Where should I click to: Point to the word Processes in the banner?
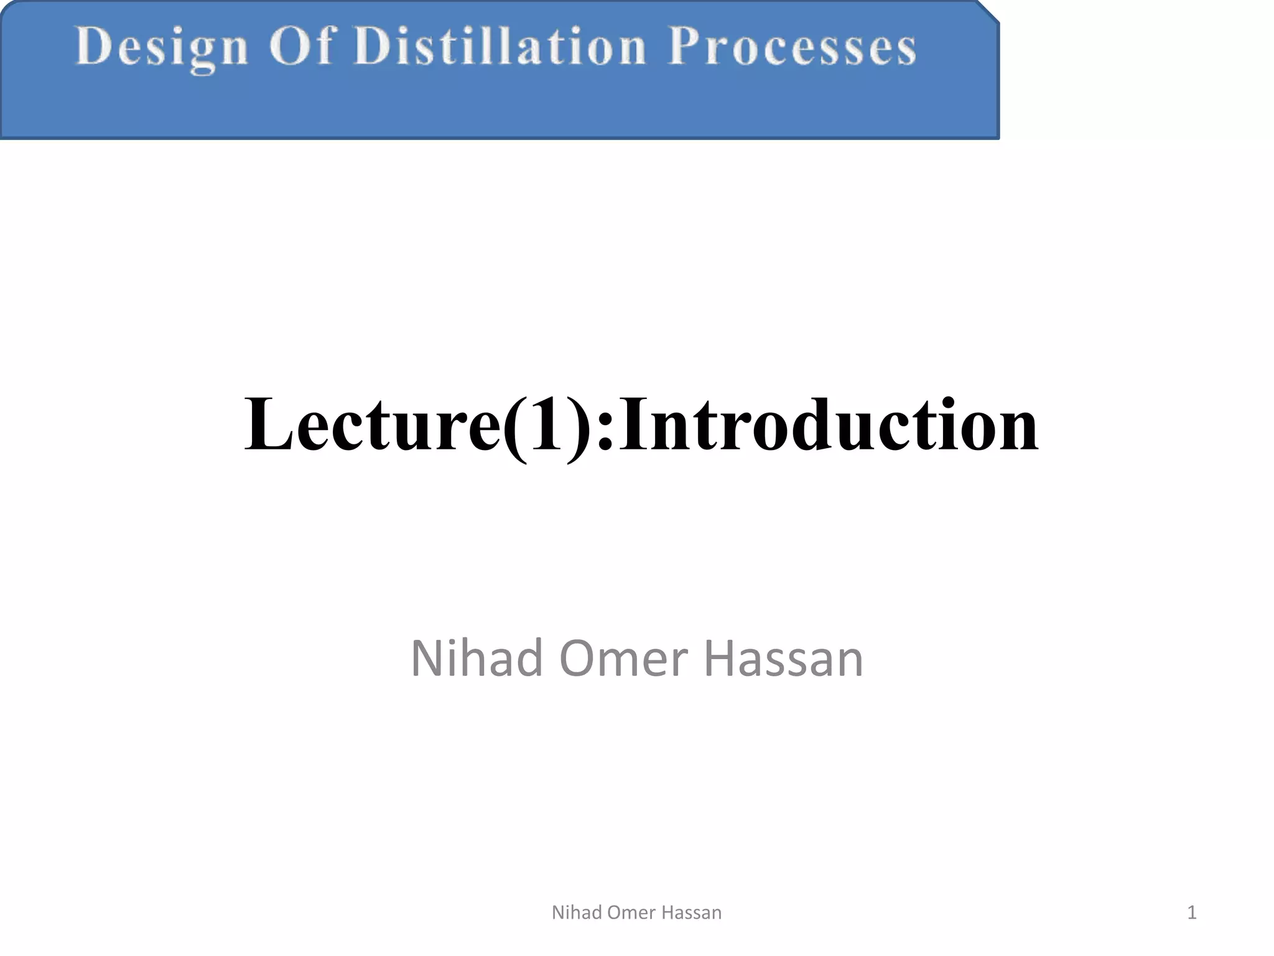point(792,47)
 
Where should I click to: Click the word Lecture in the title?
point(372,425)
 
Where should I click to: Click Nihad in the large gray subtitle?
point(476,658)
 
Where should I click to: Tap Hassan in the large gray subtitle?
point(784,658)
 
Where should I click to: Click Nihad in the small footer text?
point(577,912)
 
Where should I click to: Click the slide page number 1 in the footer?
point(1191,912)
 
